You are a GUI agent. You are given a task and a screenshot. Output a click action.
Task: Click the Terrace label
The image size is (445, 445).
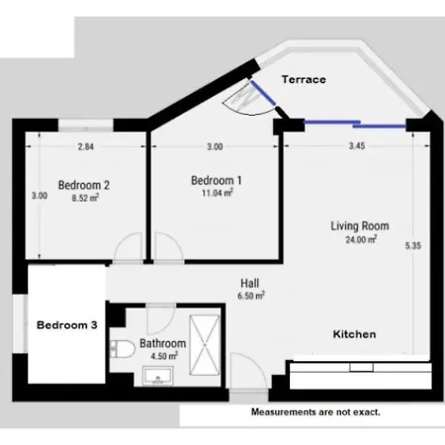tap(304, 79)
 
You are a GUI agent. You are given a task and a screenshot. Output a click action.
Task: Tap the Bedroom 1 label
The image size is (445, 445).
tap(217, 180)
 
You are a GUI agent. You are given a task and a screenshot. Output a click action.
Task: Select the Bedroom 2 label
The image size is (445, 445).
tap(84, 185)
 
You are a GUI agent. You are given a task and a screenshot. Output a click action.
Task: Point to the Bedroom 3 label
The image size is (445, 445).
tap(67, 325)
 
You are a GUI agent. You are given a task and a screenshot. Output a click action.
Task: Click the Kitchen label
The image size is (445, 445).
tap(354, 334)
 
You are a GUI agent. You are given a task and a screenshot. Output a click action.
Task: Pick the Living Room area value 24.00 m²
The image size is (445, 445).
tap(361, 239)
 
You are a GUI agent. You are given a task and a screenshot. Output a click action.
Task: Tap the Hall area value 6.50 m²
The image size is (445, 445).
tap(251, 296)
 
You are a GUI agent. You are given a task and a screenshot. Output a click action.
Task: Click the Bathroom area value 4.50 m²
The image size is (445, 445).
tap(164, 356)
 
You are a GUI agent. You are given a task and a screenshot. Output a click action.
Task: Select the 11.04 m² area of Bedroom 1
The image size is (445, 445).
tap(218, 193)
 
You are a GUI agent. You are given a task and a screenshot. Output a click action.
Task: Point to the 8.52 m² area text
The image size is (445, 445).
tap(85, 198)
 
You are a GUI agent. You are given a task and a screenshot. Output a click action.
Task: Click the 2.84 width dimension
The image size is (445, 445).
tap(86, 146)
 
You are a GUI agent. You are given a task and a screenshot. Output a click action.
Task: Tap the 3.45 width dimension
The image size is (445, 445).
tap(357, 145)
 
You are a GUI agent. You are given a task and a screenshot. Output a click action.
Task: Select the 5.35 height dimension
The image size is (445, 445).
tap(413, 245)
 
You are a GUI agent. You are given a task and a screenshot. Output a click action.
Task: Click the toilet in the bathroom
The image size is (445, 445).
tap(123, 349)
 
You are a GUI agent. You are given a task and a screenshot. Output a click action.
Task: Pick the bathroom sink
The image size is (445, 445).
tap(158, 376)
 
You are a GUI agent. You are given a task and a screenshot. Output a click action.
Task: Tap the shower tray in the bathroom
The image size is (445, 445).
tap(205, 345)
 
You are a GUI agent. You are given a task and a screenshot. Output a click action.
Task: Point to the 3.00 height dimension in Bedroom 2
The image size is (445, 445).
tap(40, 196)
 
